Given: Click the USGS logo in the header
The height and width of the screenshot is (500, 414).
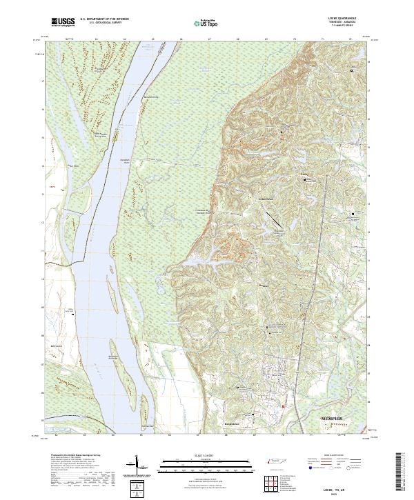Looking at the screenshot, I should click(x=62, y=23).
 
